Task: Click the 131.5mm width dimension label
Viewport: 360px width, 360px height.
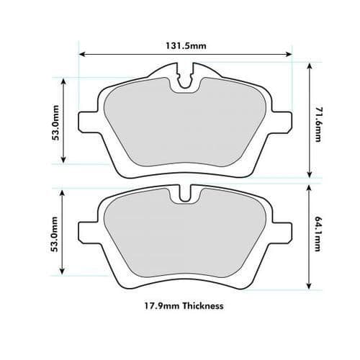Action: pos(185,46)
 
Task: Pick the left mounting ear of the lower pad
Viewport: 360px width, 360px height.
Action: pos(89,230)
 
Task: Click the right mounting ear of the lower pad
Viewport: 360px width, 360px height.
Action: pos(282,230)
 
